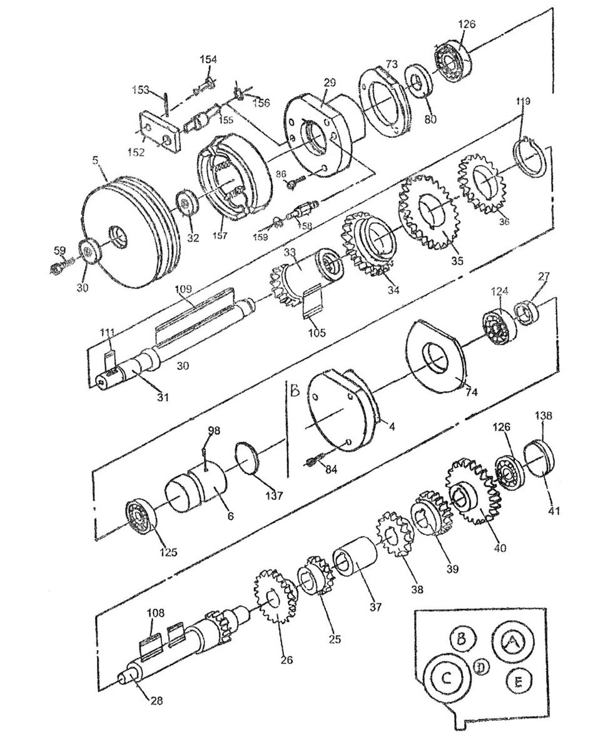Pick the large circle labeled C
(448, 678)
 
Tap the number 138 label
(544, 416)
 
